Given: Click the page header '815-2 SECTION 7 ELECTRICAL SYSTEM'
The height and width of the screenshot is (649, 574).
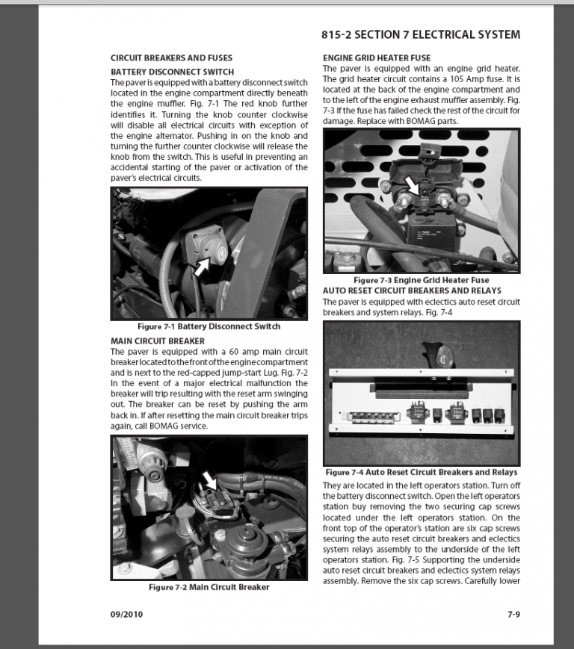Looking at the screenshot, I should (421, 34).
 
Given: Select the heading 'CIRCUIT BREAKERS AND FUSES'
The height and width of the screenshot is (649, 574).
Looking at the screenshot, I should (171, 58).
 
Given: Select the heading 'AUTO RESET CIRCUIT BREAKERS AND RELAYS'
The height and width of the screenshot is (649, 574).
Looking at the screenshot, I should (412, 291).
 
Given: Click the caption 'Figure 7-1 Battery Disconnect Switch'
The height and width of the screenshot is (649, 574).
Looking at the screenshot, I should (209, 327).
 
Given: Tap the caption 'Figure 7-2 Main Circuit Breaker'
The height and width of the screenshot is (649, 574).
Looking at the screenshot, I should (209, 587).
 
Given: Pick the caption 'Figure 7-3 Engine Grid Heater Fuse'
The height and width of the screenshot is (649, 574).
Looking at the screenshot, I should (421, 280).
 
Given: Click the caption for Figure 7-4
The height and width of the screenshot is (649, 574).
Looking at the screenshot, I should (421, 472).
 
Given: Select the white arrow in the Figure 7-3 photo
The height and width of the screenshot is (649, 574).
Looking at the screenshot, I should (410, 181).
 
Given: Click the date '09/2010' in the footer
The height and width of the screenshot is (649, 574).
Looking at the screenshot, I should (126, 615).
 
